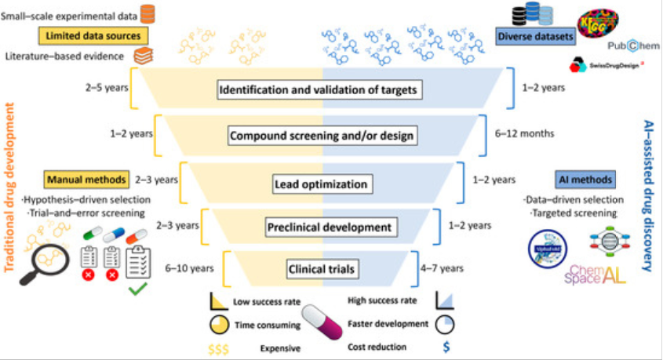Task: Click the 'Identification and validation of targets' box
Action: coord(321,89)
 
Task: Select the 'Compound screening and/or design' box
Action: coord(321,136)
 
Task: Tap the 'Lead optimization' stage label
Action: coord(321,185)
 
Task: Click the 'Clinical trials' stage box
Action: coord(321,270)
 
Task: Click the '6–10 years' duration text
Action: coord(189,269)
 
